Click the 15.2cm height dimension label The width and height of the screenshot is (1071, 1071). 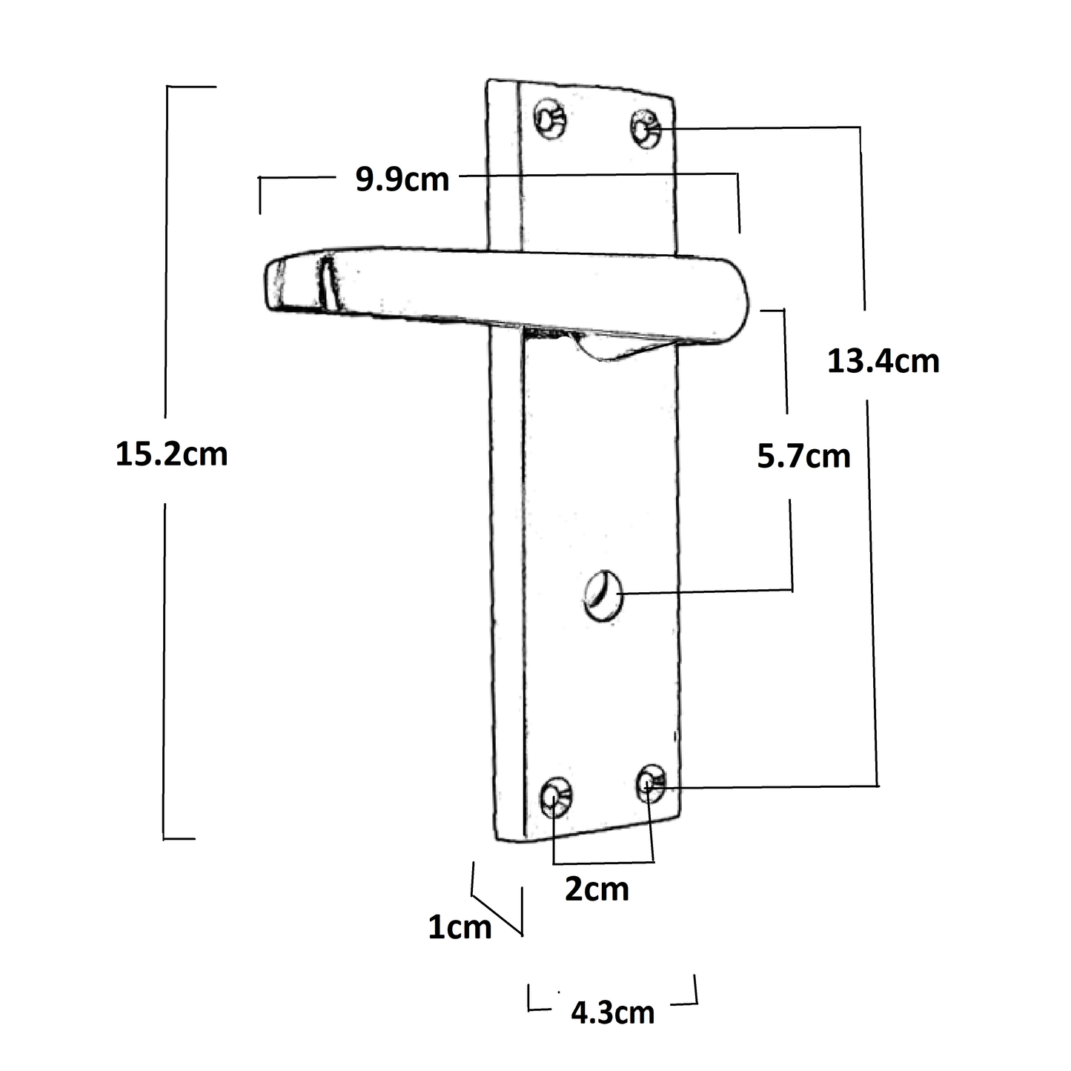click(171, 454)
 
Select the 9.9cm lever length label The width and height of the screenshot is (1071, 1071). click(402, 179)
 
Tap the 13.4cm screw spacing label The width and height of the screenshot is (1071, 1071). click(883, 361)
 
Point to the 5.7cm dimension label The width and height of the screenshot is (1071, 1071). click(803, 456)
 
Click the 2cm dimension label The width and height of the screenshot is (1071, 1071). click(597, 889)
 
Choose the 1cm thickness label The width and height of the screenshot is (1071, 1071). click(460, 926)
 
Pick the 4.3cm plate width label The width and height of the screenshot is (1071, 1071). click(612, 1012)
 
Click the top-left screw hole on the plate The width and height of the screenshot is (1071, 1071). click(551, 119)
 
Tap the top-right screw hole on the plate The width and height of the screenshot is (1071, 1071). click(646, 128)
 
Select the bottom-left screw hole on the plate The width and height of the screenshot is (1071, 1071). click(556, 797)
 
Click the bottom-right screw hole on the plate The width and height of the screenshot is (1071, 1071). click(651, 783)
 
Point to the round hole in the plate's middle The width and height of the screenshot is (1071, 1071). click(603, 594)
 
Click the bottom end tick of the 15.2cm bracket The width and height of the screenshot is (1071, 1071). click(179, 839)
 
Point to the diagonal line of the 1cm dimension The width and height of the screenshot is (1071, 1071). click(497, 915)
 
